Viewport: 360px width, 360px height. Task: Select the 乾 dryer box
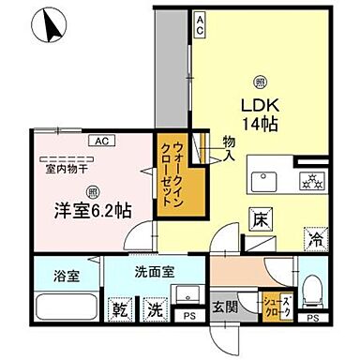point(122,309)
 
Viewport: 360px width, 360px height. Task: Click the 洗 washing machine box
point(153,309)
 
